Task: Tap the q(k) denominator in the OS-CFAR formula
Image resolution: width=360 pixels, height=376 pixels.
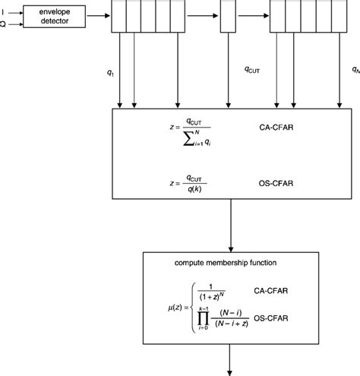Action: click(x=195, y=189)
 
